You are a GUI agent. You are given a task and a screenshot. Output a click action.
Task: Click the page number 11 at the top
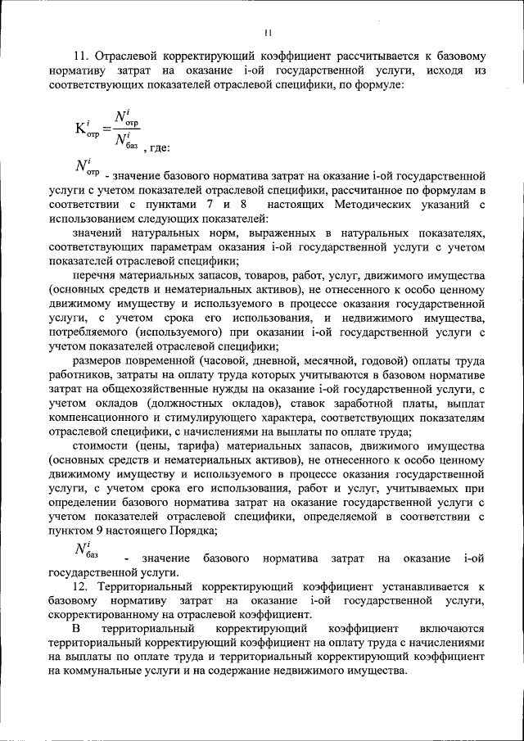(x=267, y=33)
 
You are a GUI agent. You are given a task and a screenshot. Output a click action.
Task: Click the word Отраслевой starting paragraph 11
(x=128, y=57)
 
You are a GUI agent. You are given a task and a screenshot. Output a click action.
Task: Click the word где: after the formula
(x=156, y=147)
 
